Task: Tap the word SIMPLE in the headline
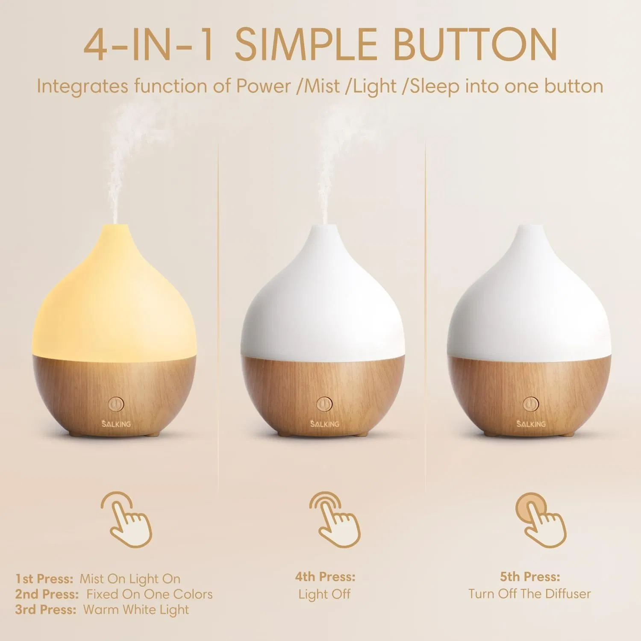pyautogui.click(x=306, y=45)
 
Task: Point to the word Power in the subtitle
pyautogui.click(x=264, y=86)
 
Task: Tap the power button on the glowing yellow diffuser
pyautogui.click(x=116, y=404)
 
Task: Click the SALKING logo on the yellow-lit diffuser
pyautogui.click(x=116, y=424)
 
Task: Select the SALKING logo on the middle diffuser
pyautogui.click(x=325, y=424)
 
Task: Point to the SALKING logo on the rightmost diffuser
pyautogui.click(x=531, y=424)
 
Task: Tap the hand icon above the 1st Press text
pyautogui.click(x=127, y=520)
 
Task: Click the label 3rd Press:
pyautogui.click(x=46, y=609)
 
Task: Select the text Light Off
pyautogui.click(x=324, y=594)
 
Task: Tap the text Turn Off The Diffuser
pyautogui.click(x=529, y=594)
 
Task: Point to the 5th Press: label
pyautogui.click(x=530, y=577)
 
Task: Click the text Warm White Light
pyautogui.click(x=136, y=609)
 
